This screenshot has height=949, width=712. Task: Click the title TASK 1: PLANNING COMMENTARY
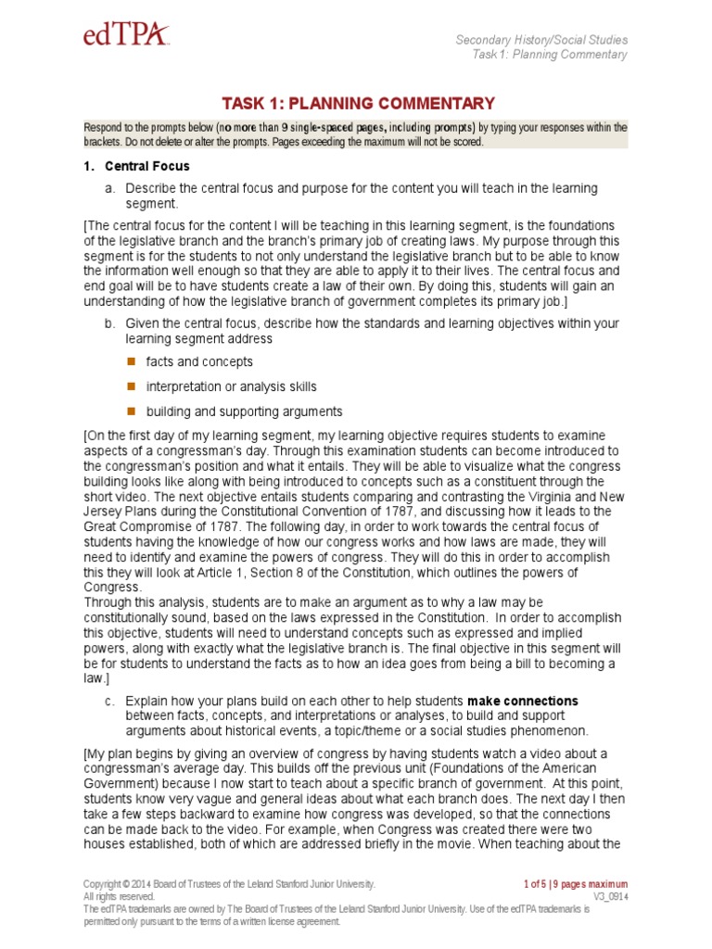(x=357, y=104)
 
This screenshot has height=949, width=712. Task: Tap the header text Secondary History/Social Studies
(x=541, y=40)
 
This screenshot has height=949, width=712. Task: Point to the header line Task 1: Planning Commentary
(x=549, y=55)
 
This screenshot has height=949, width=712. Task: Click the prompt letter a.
(x=108, y=188)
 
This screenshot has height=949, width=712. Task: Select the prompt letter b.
(x=108, y=323)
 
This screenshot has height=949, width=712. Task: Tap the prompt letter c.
(x=108, y=700)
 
